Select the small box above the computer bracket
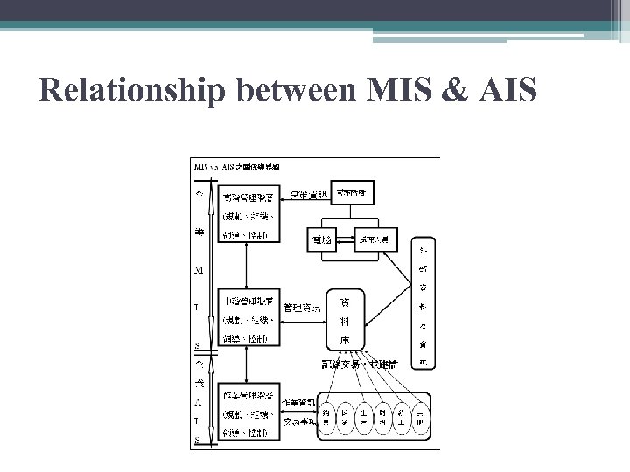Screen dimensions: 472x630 pos(351,191)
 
